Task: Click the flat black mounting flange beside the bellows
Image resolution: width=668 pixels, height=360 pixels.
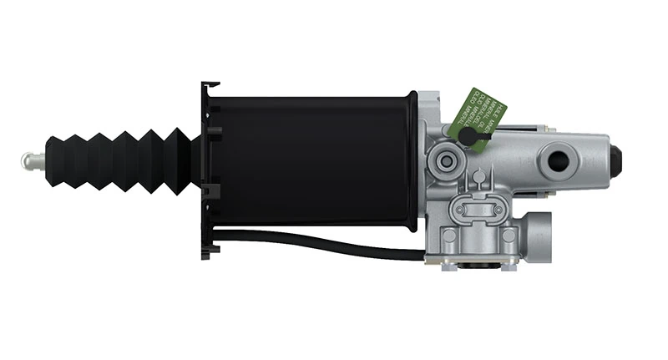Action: click(209, 167)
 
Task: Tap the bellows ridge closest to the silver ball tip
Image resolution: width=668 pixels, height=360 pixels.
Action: click(54, 159)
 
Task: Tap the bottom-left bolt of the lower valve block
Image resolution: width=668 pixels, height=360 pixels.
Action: click(449, 237)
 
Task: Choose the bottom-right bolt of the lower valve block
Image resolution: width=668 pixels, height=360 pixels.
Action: click(507, 237)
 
